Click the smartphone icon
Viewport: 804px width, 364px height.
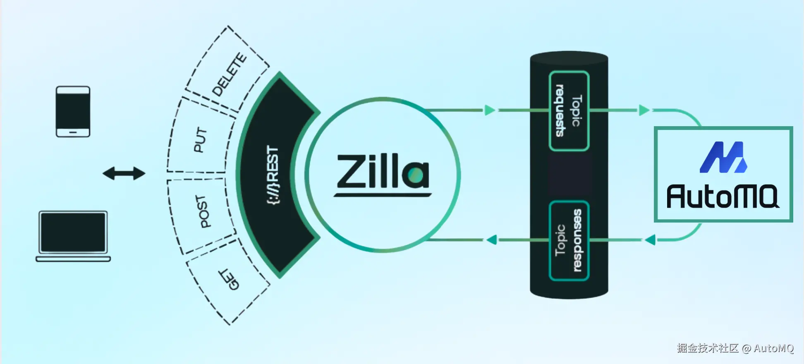(x=73, y=111)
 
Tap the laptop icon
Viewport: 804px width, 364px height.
(x=73, y=236)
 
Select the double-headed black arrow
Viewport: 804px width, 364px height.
(x=124, y=173)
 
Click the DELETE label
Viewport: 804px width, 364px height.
(x=229, y=74)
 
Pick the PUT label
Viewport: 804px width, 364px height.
(x=200, y=140)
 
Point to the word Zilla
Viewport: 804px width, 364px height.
(x=383, y=172)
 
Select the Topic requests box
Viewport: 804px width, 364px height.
(x=569, y=111)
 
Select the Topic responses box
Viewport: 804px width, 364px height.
(x=569, y=240)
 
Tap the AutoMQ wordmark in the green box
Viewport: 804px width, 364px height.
(x=723, y=196)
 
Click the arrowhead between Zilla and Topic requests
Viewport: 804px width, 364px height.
(x=490, y=110)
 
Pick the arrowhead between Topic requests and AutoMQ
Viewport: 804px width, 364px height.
(x=644, y=110)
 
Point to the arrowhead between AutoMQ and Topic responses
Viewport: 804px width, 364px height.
(x=650, y=239)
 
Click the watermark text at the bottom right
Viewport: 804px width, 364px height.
(x=735, y=348)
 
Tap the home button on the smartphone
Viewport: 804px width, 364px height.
(x=73, y=132)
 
